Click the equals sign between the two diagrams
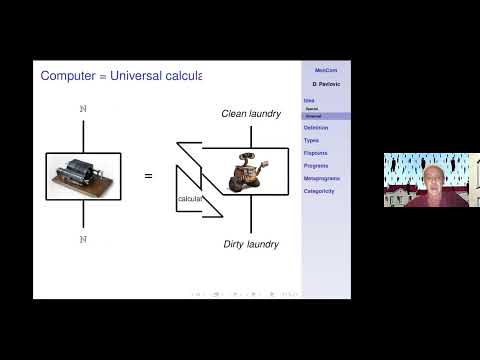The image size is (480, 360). pyautogui.click(x=148, y=177)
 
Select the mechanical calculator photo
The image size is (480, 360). pyautogui.click(x=83, y=176)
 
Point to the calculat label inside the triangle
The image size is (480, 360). pyautogui.click(x=190, y=200)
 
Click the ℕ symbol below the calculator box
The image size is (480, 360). pyautogui.click(x=83, y=239)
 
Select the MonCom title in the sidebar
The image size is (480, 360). pyautogui.click(x=325, y=71)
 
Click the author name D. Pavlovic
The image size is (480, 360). pyautogui.click(x=325, y=84)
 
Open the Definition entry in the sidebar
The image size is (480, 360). pyautogui.click(x=316, y=128)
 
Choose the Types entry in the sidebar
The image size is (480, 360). pyautogui.click(x=312, y=140)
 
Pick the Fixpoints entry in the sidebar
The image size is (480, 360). pyautogui.click(x=316, y=153)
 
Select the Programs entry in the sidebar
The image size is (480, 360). pyautogui.click(x=316, y=166)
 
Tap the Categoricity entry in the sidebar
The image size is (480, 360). pyautogui.click(x=319, y=191)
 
